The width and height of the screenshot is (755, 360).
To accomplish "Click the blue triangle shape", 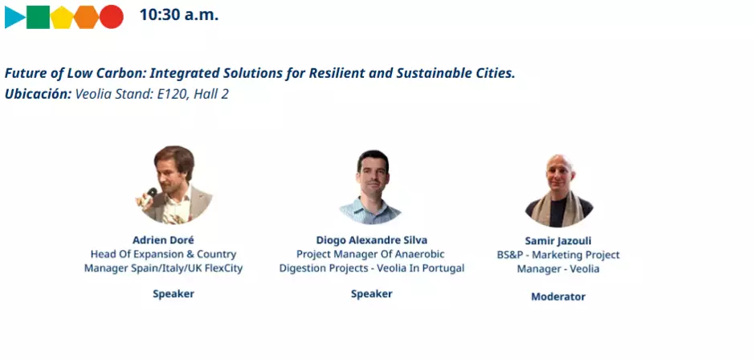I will pos(14,16).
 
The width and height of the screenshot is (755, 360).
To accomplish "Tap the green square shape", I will pos(39,16).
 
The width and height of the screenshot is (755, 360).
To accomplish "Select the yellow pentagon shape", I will pos(63,17).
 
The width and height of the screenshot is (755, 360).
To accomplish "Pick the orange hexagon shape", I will pos(87,16).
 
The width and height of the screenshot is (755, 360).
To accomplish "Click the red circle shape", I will pos(112,16).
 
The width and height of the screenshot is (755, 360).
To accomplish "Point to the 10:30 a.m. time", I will pos(178,15).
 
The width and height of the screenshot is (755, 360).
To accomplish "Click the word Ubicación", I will pos(38,94).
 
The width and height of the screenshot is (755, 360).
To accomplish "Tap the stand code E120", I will pos(157,94).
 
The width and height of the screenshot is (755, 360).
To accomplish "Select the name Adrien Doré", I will pos(163,239).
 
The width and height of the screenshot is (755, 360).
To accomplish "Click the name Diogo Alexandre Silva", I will pos(372,239).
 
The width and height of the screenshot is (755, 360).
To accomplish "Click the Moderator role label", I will pos(558,297).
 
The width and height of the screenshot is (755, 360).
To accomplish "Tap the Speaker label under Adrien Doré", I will pos(173,293).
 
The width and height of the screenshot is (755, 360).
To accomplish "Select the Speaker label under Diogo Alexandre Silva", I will pos(372,293).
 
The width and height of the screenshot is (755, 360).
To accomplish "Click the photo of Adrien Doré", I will pos(173,186).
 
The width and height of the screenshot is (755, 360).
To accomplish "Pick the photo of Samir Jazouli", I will pos(559,190).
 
